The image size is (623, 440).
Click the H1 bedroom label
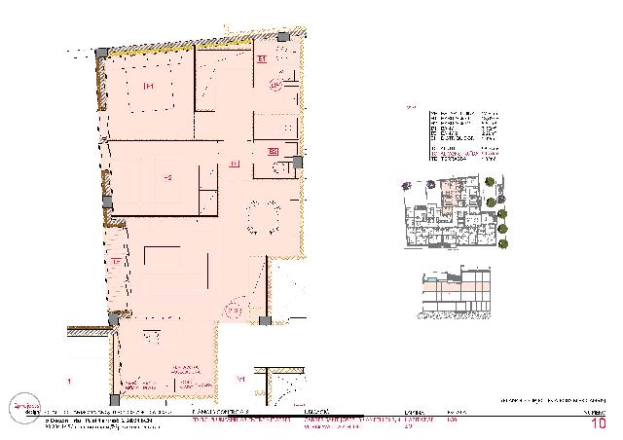click(x=150, y=87)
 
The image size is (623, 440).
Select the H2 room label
click(x=167, y=177)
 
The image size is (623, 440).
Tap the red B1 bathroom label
click(x=262, y=59)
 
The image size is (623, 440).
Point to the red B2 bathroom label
click(x=274, y=151)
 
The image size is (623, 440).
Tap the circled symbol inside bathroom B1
click(x=275, y=86)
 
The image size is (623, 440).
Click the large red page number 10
click(x=599, y=422)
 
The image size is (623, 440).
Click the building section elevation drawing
click(x=456, y=293)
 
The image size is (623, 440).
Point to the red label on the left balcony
click(x=116, y=261)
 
